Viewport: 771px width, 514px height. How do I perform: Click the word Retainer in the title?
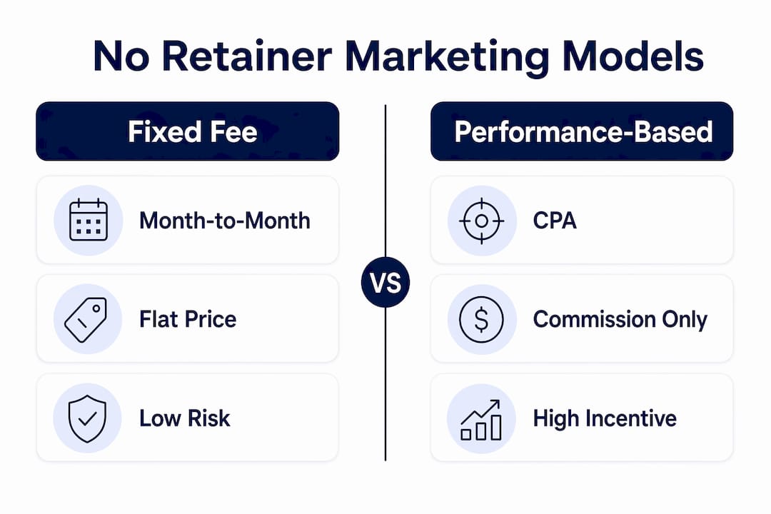247,56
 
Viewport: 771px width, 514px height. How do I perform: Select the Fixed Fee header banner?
187,131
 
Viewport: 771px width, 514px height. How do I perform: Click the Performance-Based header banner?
582,131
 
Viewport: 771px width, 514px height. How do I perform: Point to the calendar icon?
89,220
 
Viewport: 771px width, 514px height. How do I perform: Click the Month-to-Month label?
225,221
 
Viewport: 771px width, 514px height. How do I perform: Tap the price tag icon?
86,320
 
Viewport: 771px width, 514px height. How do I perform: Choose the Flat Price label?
188,319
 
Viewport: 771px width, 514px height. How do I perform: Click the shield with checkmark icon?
87,418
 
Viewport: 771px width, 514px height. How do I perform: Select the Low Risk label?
184,418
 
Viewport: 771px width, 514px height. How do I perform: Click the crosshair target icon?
481,221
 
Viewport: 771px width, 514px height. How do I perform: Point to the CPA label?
555,221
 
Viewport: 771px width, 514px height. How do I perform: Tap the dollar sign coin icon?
481,319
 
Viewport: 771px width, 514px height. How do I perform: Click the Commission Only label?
620,319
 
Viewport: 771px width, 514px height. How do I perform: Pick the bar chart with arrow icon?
481,420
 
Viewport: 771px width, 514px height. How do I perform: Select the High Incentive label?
605,418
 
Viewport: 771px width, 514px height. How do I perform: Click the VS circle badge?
385,282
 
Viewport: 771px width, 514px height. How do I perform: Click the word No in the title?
121,56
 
